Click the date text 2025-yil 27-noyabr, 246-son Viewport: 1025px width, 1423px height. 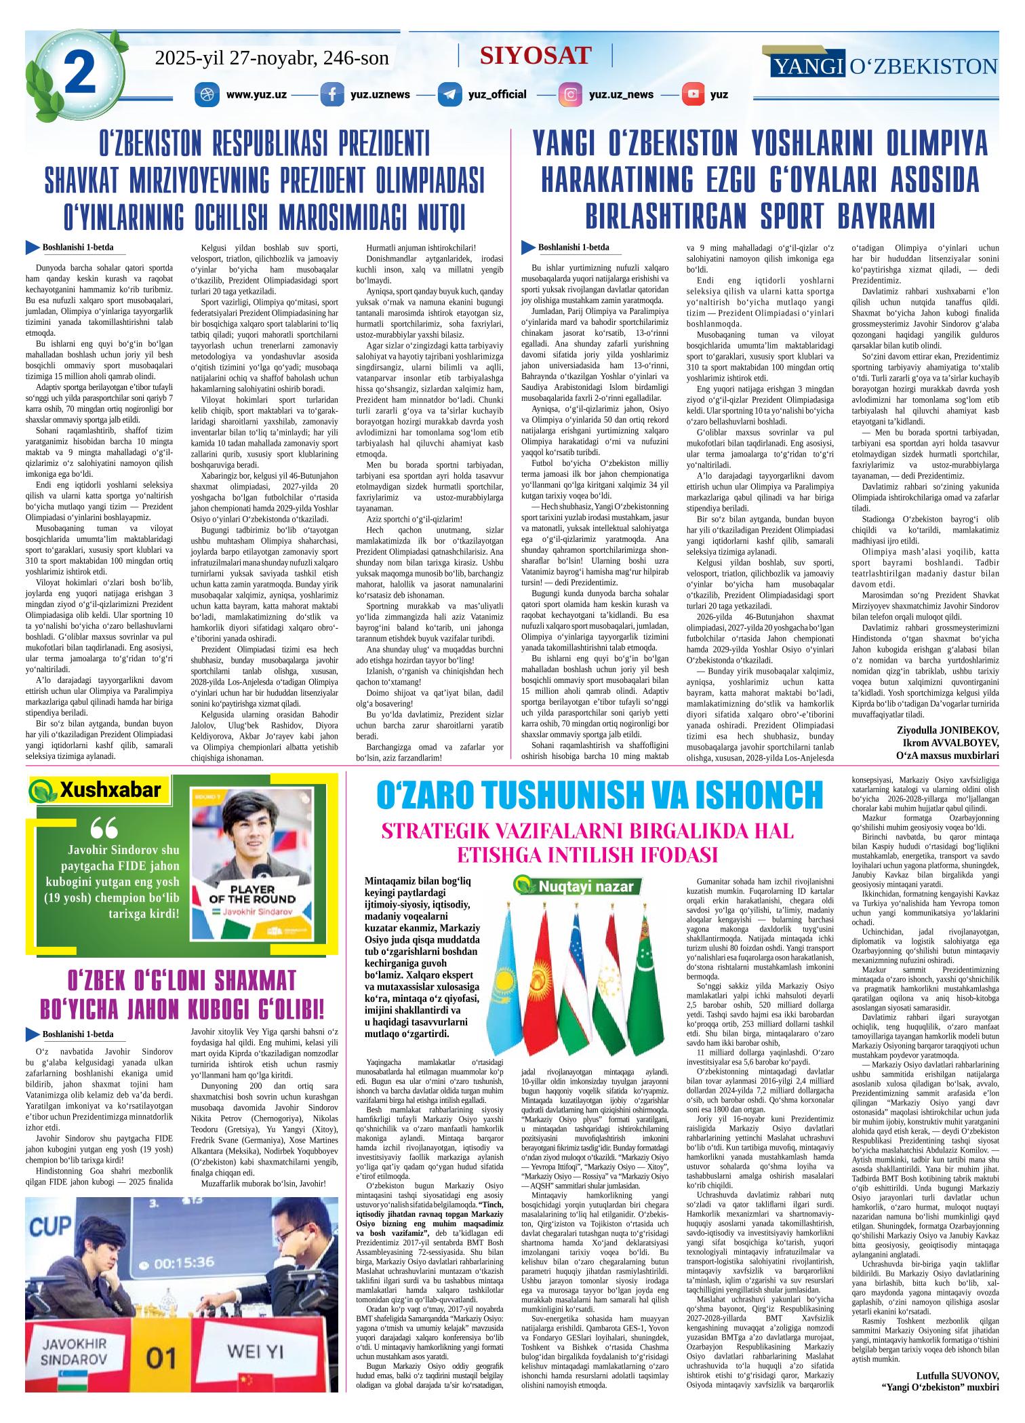click(272, 58)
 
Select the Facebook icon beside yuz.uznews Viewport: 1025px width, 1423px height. click(331, 94)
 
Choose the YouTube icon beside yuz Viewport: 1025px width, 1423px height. click(693, 94)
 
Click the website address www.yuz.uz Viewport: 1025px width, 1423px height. click(256, 94)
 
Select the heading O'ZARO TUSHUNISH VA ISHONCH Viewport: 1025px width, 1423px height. click(599, 795)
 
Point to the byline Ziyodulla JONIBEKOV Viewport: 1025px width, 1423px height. click(947, 730)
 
